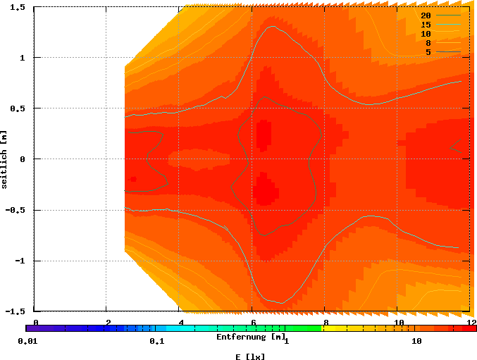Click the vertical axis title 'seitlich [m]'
pyautogui.click(x=5, y=159)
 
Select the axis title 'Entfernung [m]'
pyautogui.click(x=251, y=337)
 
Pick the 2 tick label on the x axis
pyautogui.click(x=108, y=322)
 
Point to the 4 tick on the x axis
pyautogui.click(x=180, y=322)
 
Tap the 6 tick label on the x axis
pyautogui.click(x=253, y=322)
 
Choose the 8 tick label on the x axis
pyautogui.click(x=326, y=322)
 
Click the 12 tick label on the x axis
pyautogui.click(x=471, y=322)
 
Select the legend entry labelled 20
pyautogui.click(x=426, y=15)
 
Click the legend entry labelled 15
pyautogui.click(x=426, y=25)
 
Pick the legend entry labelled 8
pyautogui.click(x=428, y=43)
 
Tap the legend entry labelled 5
pyautogui.click(x=428, y=52)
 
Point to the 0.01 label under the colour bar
pyautogui.click(x=27, y=342)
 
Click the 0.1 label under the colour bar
pyautogui.click(x=156, y=342)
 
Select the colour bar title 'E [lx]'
pyautogui.click(x=251, y=356)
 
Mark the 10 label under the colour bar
pyautogui.click(x=416, y=342)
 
